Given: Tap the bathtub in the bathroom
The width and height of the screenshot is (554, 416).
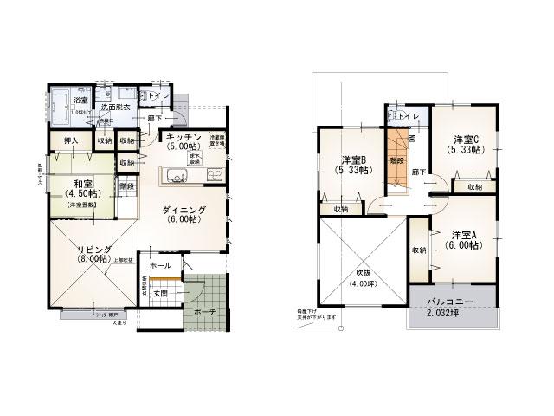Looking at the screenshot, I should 62,109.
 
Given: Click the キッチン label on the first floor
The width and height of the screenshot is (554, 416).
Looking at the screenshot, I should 184,138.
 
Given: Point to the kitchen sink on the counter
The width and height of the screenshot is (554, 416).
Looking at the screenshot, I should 173,179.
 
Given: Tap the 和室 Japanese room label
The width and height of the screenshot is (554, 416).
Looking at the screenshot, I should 83,184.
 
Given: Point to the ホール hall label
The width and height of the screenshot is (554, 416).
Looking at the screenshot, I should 160,266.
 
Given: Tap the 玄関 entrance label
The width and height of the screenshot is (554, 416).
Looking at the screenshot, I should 162,293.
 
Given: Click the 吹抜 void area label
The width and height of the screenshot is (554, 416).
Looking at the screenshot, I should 357,273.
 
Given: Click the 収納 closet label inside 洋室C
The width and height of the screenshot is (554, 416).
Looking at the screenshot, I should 475,186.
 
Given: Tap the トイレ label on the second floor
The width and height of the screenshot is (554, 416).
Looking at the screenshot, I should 410,115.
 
